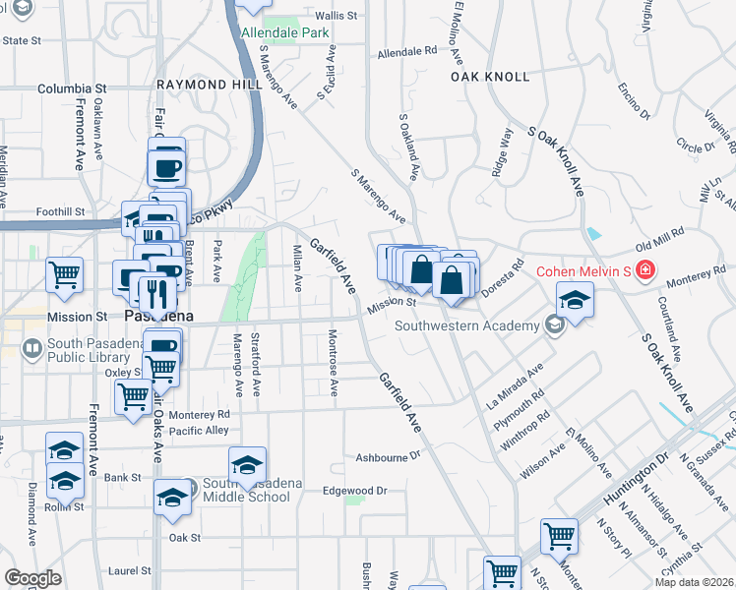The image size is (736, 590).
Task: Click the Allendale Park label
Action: [285, 32]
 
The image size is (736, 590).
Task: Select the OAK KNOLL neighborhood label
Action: [490, 76]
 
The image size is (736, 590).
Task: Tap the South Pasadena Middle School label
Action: [246, 489]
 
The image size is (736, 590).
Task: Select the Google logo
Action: [33, 578]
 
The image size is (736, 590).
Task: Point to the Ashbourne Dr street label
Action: [388, 457]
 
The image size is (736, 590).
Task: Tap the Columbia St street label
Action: [72, 88]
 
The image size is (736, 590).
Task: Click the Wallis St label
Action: [336, 16]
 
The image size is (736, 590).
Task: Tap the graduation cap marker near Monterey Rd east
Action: [575, 298]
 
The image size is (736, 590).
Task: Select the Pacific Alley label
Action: [199, 431]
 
